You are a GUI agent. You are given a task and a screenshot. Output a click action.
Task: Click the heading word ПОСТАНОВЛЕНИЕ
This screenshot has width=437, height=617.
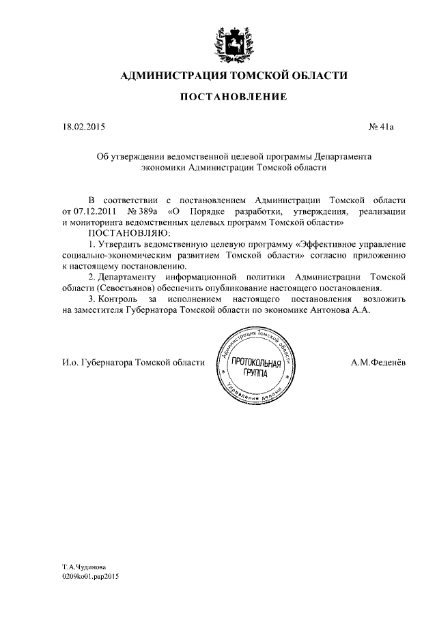(x=233, y=97)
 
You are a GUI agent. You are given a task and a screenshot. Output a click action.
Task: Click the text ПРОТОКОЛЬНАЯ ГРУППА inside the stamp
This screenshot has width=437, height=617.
(x=255, y=367)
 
